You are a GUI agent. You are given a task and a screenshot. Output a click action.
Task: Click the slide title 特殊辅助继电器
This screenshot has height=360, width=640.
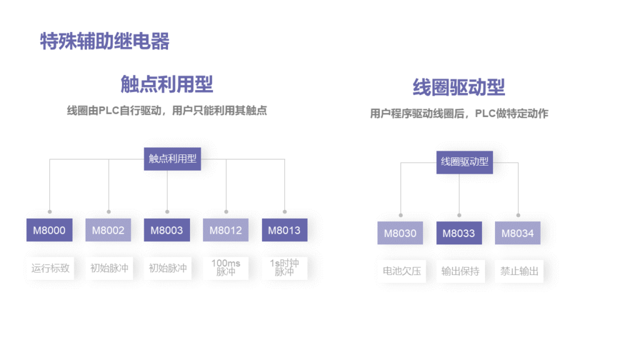point(105,41)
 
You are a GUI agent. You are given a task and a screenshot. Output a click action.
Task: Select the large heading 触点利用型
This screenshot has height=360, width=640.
point(167,84)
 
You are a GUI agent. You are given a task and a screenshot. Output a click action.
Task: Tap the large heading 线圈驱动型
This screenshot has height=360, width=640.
point(459,87)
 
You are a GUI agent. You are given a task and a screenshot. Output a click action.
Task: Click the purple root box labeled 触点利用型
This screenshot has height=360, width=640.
point(172,159)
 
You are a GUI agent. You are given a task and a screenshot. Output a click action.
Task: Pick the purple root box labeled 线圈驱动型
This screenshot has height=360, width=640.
point(464,162)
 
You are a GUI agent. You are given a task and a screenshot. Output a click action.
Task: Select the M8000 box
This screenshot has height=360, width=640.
point(49,230)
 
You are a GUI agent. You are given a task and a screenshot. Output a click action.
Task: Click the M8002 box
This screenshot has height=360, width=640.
point(108,230)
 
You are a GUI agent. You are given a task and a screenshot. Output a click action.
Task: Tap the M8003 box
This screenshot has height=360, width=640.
point(167,230)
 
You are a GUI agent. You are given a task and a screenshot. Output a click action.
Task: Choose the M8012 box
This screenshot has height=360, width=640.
point(226,230)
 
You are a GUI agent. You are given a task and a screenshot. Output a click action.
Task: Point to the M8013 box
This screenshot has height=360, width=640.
point(284,230)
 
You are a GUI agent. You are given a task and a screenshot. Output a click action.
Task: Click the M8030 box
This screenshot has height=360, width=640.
point(400,233)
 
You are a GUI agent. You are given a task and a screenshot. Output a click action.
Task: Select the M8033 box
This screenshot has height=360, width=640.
point(459,233)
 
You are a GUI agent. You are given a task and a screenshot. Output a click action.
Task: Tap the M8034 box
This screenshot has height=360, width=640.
point(517,233)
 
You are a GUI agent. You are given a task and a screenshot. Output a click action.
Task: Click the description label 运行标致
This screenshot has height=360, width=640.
point(50,268)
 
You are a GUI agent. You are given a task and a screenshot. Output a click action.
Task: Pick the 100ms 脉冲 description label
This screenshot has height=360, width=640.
point(226,267)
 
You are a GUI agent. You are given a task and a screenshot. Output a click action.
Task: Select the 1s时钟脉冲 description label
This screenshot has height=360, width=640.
point(284,267)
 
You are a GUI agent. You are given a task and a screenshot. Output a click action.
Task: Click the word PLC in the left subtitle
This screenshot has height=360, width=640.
point(109,111)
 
